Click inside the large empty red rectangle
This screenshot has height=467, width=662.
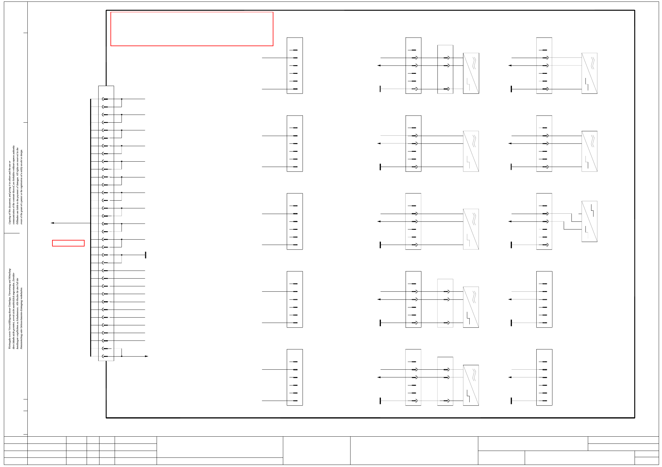click(192, 29)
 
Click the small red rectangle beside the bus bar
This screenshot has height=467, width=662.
click(68, 243)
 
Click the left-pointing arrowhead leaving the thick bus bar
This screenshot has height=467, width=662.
click(52, 223)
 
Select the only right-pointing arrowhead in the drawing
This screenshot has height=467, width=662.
click(147, 356)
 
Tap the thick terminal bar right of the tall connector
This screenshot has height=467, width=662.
click(146, 255)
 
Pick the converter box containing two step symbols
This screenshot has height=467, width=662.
click(589, 221)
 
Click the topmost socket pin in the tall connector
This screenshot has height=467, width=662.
click(105, 99)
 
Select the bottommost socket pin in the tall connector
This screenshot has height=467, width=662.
click(105, 356)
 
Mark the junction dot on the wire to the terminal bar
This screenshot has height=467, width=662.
click(122, 255)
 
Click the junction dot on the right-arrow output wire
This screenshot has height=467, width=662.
click(122, 356)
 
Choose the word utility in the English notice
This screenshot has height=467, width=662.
click(21, 167)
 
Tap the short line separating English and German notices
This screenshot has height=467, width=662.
click(12, 233)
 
